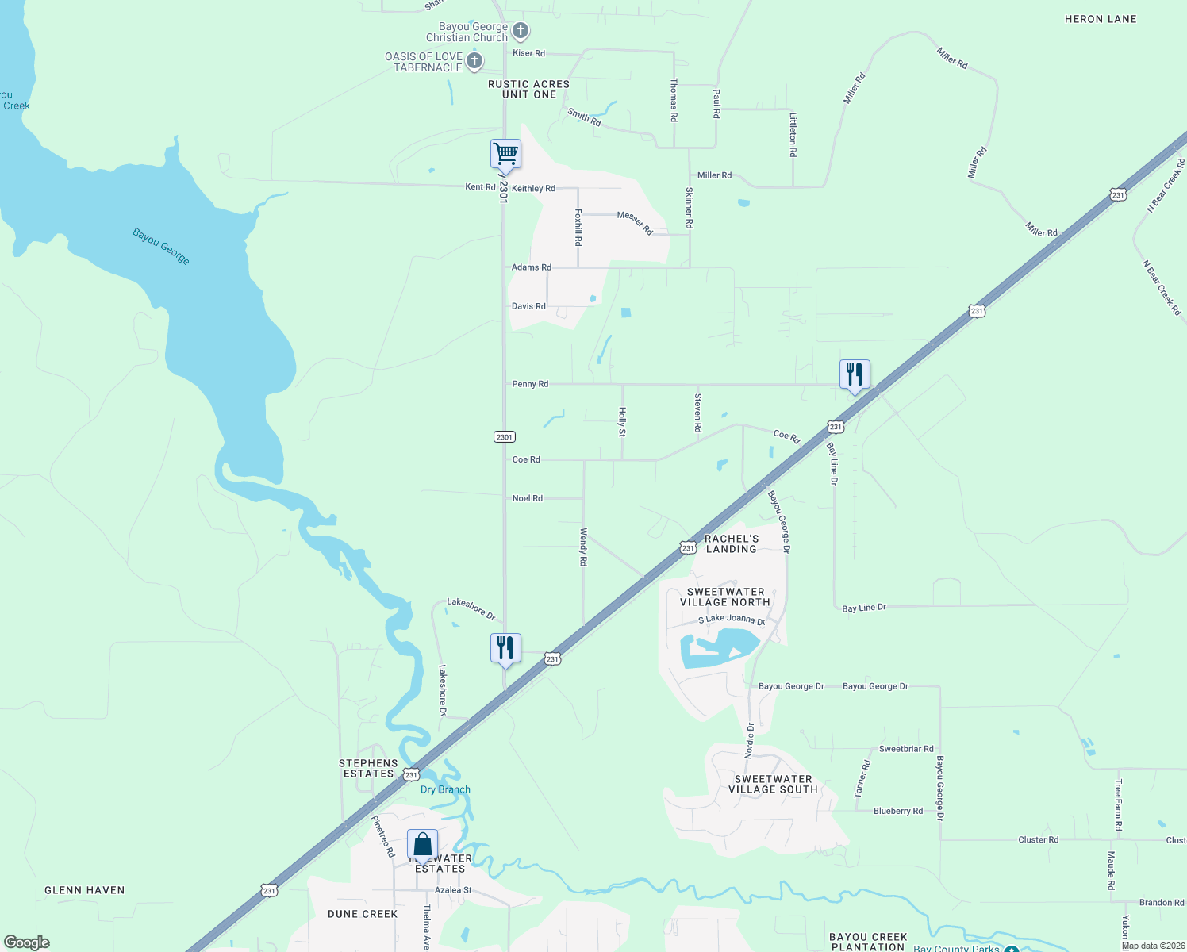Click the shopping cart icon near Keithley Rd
[505, 153]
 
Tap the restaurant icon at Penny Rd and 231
[855, 374]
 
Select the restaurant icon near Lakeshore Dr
[505, 648]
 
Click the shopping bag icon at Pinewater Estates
[422, 844]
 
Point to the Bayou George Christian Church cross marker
[521, 32]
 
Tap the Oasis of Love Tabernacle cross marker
[474, 61]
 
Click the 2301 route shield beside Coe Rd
[505, 437]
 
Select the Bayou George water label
[161, 247]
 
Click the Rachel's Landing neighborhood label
[732, 543]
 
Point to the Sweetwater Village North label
[725, 597]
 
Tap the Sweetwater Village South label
[773, 784]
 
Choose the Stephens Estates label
[368, 768]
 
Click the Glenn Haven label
[85, 890]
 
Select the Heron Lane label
[1101, 19]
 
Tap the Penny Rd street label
[530, 384]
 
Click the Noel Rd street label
[528, 498]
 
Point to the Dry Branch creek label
[445, 789]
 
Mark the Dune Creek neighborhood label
[363, 914]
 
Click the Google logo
[27, 942]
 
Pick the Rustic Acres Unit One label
[528, 89]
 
